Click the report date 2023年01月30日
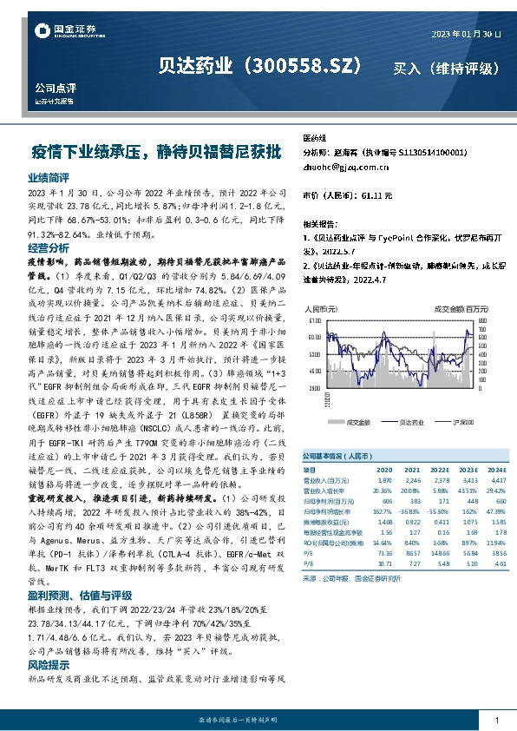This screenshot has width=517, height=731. (x=467, y=33)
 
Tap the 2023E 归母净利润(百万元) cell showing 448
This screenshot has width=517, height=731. (x=468, y=502)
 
